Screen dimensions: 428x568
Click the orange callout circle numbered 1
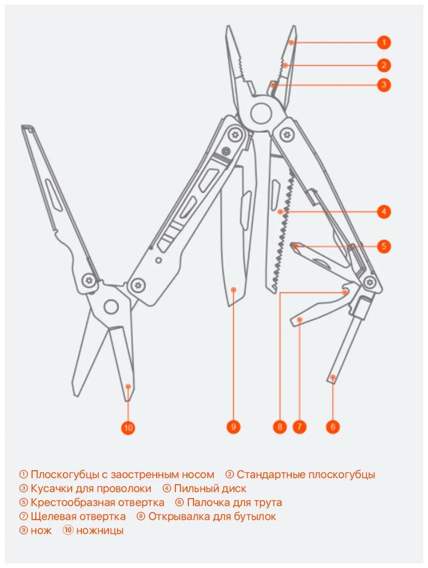click(x=383, y=42)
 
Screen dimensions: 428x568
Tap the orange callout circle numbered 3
click(x=383, y=85)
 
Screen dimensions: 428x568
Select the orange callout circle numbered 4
click(x=383, y=212)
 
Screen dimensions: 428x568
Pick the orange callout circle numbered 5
click(x=383, y=246)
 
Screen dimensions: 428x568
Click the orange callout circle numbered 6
click(x=333, y=426)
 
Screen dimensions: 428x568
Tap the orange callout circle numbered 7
click(x=300, y=426)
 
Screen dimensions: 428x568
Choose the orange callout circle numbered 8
click(x=280, y=426)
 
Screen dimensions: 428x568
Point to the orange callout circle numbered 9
click(x=233, y=426)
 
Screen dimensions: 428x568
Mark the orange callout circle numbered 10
click(x=128, y=427)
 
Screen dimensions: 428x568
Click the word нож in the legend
click(x=41, y=530)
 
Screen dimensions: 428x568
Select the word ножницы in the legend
click(x=100, y=530)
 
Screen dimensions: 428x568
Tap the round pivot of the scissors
click(x=111, y=307)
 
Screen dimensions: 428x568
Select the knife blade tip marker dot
click(x=234, y=290)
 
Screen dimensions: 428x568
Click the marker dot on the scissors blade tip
click(x=128, y=386)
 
